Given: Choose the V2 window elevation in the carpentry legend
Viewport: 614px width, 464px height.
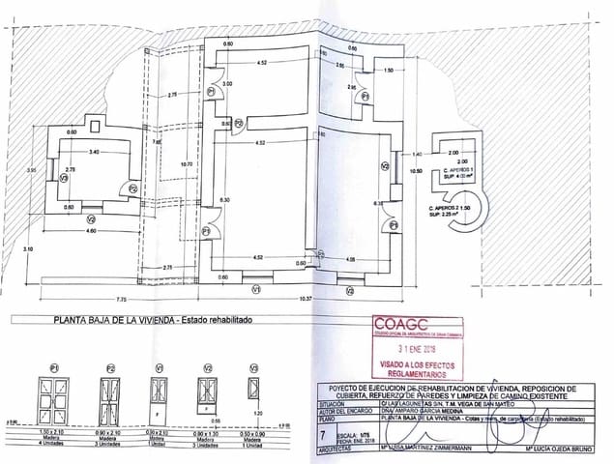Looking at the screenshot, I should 206,392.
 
